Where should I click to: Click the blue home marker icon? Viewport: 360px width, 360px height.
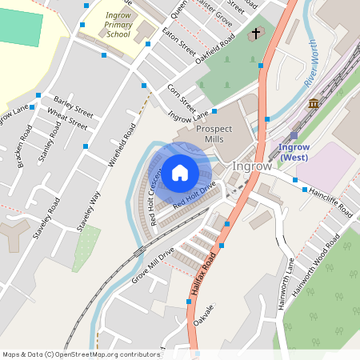click(x=180, y=172)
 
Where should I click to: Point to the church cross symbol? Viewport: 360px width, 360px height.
click(x=256, y=34)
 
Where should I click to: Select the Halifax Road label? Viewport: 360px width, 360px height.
click(x=205, y=276)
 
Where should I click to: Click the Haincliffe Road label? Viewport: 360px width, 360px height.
click(x=330, y=202)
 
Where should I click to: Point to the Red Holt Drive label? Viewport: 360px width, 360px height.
click(x=194, y=196)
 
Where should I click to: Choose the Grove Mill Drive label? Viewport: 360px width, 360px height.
click(x=153, y=266)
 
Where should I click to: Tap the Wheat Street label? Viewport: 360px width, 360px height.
click(x=67, y=119)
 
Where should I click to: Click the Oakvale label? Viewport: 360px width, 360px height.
click(x=204, y=314)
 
